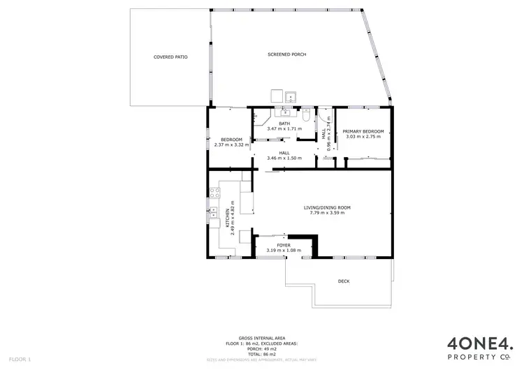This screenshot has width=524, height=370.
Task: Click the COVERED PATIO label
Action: pyautogui.click(x=170, y=57)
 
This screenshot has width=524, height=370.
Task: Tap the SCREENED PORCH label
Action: pyautogui.click(x=286, y=54)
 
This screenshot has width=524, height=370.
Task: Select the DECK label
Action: pyautogui.click(x=343, y=281)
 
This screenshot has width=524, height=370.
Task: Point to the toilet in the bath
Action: pyautogui.click(x=307, y=115)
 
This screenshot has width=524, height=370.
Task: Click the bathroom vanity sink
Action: pyautogui.click(x=286, y=112)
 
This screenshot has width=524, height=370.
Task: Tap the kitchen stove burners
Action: pyautogui.click(x=215, y=193)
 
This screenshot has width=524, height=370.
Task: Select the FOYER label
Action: pyautogui.click(x=284, y=246)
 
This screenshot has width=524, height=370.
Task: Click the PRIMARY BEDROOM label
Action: pyautogui.click(x=363, y=132)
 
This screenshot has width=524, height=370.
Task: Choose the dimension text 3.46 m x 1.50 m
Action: pyautogui.click(x=284, y=158)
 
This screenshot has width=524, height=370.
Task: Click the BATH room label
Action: pyautogui.click(x=284, y=124)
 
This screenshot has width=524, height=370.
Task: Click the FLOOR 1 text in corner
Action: pyautogui.click(x=20, y=359)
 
